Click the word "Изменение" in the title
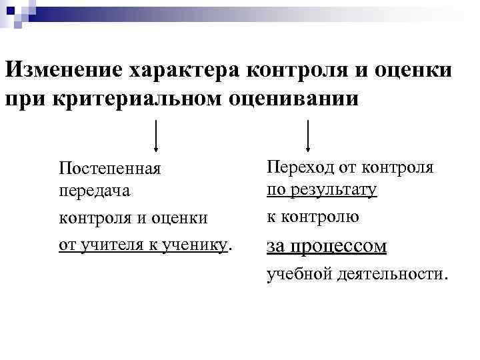(x=67, y=69)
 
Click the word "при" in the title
(x=26, y=99)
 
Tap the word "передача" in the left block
(x=94, y=190)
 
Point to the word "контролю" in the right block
(x=323, y=217)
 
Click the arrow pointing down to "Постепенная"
(x=156, y=136)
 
